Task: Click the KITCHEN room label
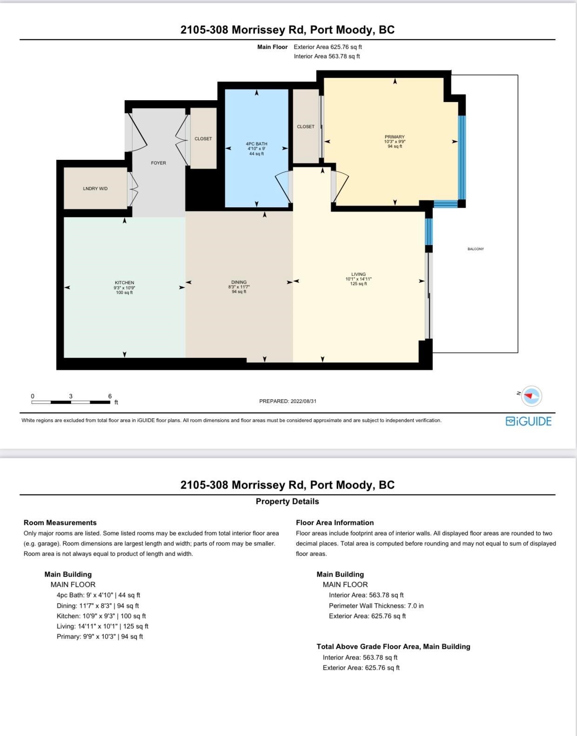(124, 282)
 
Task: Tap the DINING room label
(239, 282)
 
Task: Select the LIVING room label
(358, 274)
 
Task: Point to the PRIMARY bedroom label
(395, 137)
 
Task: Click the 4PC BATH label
(256, 144)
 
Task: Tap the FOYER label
(158, 163)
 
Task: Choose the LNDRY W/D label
(95, 189)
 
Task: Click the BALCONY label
(476, 249)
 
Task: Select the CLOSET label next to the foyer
(203, 138)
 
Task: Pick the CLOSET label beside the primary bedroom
(305, 127)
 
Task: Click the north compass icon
(531, 395)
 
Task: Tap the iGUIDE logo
(529, 421)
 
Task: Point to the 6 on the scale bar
(110, 396)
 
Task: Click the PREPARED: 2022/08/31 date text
(288, 401)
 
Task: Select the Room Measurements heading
(60, 523)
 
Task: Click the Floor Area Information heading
(335, 523)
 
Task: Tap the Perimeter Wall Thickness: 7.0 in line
(376, 606)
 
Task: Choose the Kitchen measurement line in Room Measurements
(101, 616)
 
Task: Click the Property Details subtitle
(288, 501)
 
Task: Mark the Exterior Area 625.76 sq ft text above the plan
(328, 47)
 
